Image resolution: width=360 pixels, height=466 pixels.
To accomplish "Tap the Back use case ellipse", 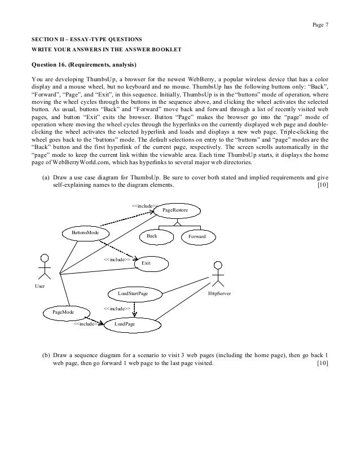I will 152,236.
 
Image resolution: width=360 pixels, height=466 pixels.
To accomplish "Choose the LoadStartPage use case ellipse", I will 133,294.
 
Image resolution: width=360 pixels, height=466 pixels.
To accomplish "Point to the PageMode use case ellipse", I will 64,311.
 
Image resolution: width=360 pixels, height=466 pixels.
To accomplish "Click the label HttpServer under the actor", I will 219,294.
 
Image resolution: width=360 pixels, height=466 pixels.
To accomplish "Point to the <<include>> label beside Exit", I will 117,260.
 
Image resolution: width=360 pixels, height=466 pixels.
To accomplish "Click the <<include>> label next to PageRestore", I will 144,206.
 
